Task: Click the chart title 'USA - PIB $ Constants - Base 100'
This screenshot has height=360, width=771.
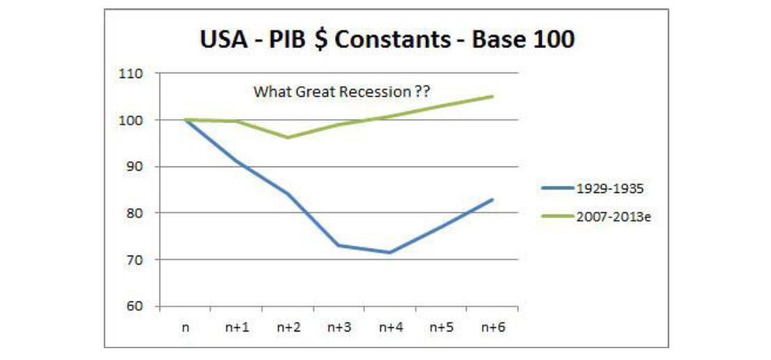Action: [387, 39]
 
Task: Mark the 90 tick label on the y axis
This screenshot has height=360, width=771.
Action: [134, 166]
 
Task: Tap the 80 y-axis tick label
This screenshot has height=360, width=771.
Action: [134, 213]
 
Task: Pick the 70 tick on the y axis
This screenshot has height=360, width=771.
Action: [134, 260]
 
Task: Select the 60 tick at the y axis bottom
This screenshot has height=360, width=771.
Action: [134, 306]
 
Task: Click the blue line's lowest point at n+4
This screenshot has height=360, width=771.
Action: [390, 252]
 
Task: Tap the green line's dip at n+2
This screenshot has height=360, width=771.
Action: [288, 137]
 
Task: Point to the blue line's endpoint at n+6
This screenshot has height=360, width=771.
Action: [492, 200]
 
